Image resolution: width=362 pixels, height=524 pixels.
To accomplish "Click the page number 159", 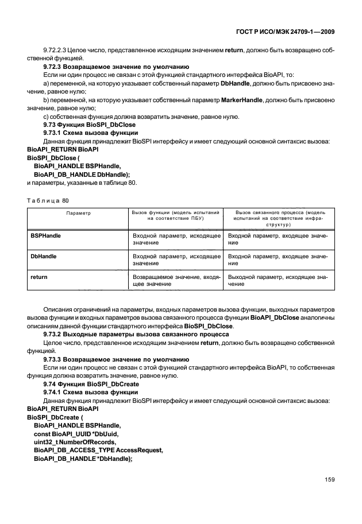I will click(328, 480).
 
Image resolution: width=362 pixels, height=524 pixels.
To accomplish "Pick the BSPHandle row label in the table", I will click(46, 236).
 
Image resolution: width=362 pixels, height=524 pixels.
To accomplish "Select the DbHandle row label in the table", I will click(44, 257).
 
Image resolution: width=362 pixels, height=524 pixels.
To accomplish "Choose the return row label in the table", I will click(39, 277).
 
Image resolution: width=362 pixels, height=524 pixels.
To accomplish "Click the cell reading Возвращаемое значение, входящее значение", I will click(176, 281).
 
